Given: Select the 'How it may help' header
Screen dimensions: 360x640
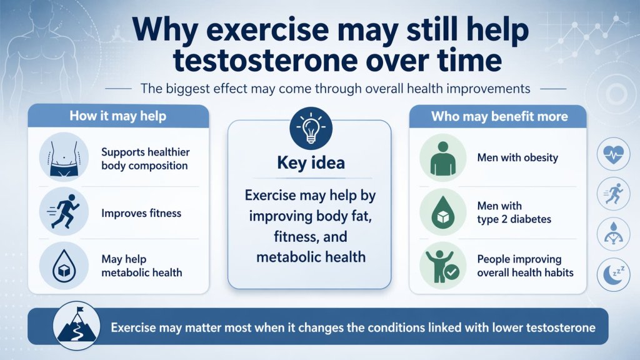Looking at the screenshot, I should pyautogui.click(x=117, y=116).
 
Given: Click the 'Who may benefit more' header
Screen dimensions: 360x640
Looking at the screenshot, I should pyautogui.click(x=499, y=116).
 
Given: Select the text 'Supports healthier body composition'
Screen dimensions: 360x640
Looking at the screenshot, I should pyautogui.click(x=145, y=159).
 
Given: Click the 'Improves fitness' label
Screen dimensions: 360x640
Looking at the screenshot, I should pyautogui.click(x=141, y=213).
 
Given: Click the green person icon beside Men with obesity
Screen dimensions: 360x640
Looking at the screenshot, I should pyautogui.click(x=442, y=157).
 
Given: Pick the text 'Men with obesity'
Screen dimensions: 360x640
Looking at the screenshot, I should pyautogui.click(x=517, y=157).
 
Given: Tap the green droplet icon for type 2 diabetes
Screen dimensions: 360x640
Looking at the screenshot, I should pyautogui.click(x=442, y=212).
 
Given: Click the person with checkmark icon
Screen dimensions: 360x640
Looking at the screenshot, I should pyautogui.click(x=442, y=266).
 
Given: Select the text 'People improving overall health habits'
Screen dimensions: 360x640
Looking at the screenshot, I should pyautogui.click(x=525, y=266).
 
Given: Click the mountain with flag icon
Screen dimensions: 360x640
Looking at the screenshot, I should pyautogui.click(x=74, y=326).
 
